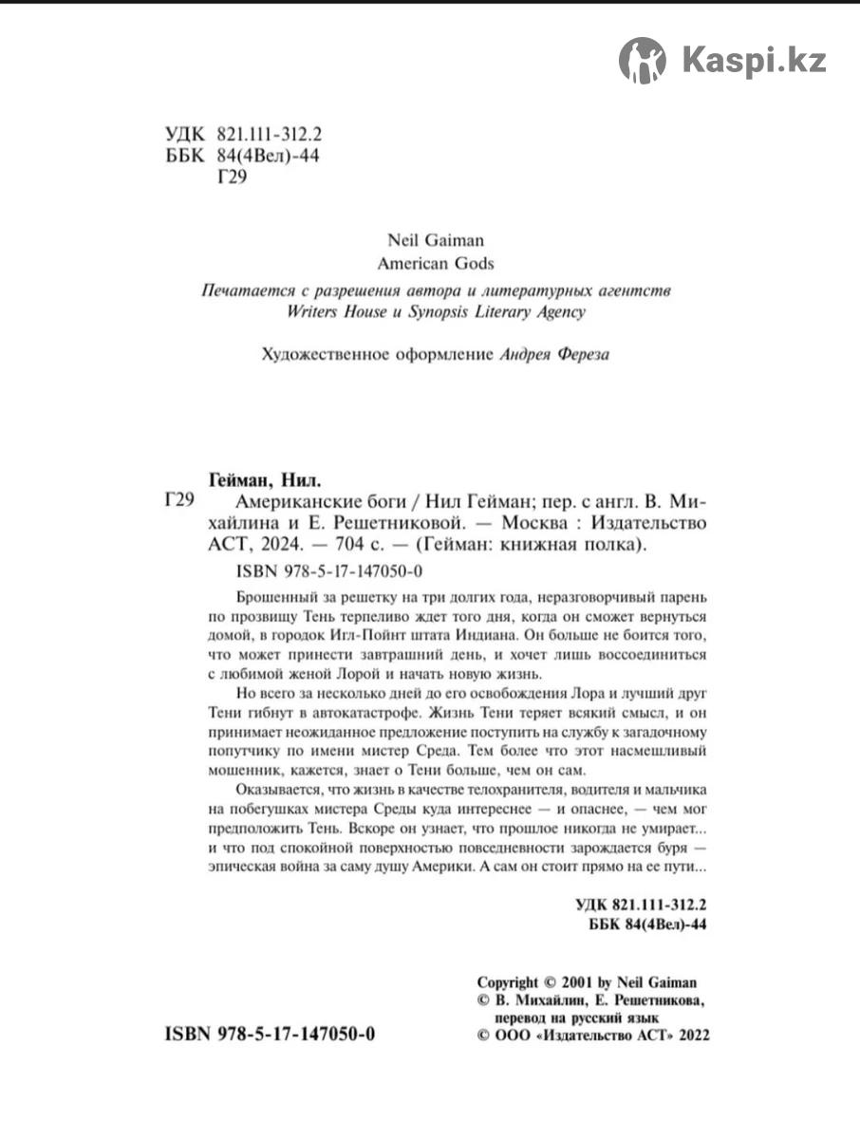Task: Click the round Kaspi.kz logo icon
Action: [643, 60]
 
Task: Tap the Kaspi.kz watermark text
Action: [754, 61]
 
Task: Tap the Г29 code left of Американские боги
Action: [179, 500]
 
